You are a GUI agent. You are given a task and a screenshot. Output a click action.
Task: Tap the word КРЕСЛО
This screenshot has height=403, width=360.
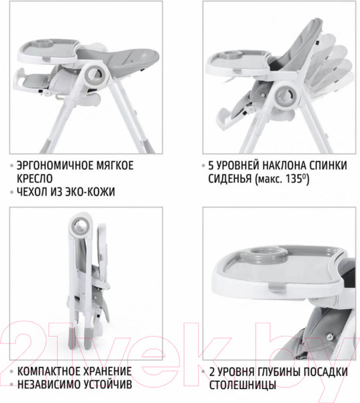click(x=35, y=179)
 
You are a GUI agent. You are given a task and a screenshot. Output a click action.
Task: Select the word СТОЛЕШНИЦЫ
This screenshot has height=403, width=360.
click(x=243, y=385)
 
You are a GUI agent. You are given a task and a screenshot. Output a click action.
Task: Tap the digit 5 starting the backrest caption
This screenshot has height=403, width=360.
click(x=211, y=165)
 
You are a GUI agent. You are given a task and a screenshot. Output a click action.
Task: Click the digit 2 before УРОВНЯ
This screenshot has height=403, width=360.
click(x=212, y=372)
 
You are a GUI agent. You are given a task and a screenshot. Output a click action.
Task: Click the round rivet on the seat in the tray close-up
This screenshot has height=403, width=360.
click(x=330, y=337)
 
